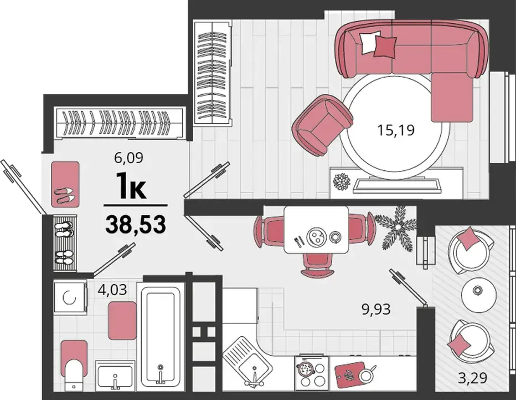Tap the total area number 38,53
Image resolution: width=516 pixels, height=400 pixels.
click(136, 224)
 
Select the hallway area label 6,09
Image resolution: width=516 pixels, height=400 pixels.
click(128, 158)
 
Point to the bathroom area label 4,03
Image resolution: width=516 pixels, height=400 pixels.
click(112, 290)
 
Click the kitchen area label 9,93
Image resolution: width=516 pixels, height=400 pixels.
click(376, 310)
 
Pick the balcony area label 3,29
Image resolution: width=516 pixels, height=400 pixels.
click(473, 378)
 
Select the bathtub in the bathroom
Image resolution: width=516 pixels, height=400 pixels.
click(160, 336)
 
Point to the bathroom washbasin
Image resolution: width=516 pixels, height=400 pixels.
click(115, 375)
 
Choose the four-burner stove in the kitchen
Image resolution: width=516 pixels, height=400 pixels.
click(311, 372)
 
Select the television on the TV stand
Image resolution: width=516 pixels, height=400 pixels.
click(397, 186)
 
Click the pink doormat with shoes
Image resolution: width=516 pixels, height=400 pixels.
click(65, 184)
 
